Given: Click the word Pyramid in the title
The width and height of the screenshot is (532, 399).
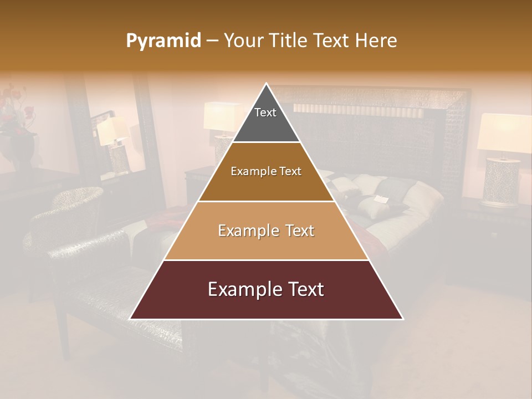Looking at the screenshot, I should click(x=163, y=40).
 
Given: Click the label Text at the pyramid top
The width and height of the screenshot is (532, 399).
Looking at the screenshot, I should click(x=265, y=112).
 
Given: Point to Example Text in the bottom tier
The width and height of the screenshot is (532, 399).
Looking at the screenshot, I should click(x=266, y=289).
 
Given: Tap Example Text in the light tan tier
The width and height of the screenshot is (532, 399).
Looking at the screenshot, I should click(x=266, y=231).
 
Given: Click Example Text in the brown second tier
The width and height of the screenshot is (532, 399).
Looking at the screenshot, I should click(x=266, y=171).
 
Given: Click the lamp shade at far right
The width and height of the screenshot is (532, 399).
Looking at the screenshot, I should click(x=502, y=133).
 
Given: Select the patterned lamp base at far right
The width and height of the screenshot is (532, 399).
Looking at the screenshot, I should click(x=500, y=182).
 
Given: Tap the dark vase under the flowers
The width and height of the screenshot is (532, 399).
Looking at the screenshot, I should click(x=22, y=152).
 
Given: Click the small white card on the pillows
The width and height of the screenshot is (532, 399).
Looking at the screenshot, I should click(x=381, y=198).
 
